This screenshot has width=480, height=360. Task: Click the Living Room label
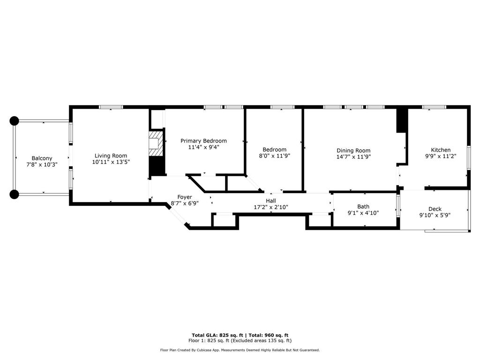point(111,156)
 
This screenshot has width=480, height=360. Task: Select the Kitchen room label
point(441,150)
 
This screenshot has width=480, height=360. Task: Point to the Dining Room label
point(353,150)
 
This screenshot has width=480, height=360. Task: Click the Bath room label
point(363,206)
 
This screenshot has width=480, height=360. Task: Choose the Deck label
point(435,209)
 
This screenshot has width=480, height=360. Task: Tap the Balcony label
point(42,158)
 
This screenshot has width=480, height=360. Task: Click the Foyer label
point(184,197)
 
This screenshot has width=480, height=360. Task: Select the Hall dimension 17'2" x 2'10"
point(271,207)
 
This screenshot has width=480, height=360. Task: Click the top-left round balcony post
point(14,121)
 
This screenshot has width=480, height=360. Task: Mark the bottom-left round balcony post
point(14,194)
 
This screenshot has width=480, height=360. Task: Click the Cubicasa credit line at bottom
point(240,350)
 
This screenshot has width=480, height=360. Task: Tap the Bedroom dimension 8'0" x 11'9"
point(275,156)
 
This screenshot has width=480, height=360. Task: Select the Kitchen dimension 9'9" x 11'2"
point(441,156)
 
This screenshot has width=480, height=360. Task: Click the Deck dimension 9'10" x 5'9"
point(435,215)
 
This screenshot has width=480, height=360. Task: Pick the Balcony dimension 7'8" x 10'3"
point(42,165)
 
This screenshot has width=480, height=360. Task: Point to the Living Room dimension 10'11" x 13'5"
point(111,162)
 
